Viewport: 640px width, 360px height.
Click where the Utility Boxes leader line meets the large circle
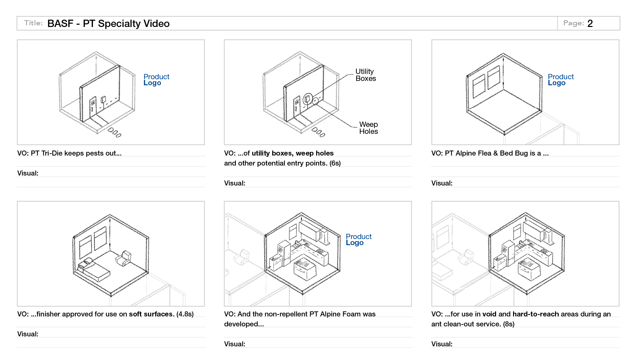coord(313,97)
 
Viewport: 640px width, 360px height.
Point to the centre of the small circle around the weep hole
coord(316,101)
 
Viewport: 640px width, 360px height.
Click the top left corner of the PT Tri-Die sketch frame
coord(17,40)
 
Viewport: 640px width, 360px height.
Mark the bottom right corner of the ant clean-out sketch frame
coord(619,306)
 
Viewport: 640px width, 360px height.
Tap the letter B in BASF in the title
coord(51,24)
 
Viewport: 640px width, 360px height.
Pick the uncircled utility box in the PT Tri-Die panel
coord(103,99)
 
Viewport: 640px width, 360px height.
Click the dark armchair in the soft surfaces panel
coord(124,258)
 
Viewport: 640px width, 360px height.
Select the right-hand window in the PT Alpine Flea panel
coord(494,77)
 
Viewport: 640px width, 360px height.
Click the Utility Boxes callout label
coord(365,75)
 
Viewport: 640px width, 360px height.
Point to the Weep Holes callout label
coord(368,128)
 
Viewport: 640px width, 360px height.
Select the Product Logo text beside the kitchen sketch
coord(358,239)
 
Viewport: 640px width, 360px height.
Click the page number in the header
coord(590,24)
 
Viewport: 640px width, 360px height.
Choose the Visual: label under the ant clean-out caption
coord(442,344)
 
